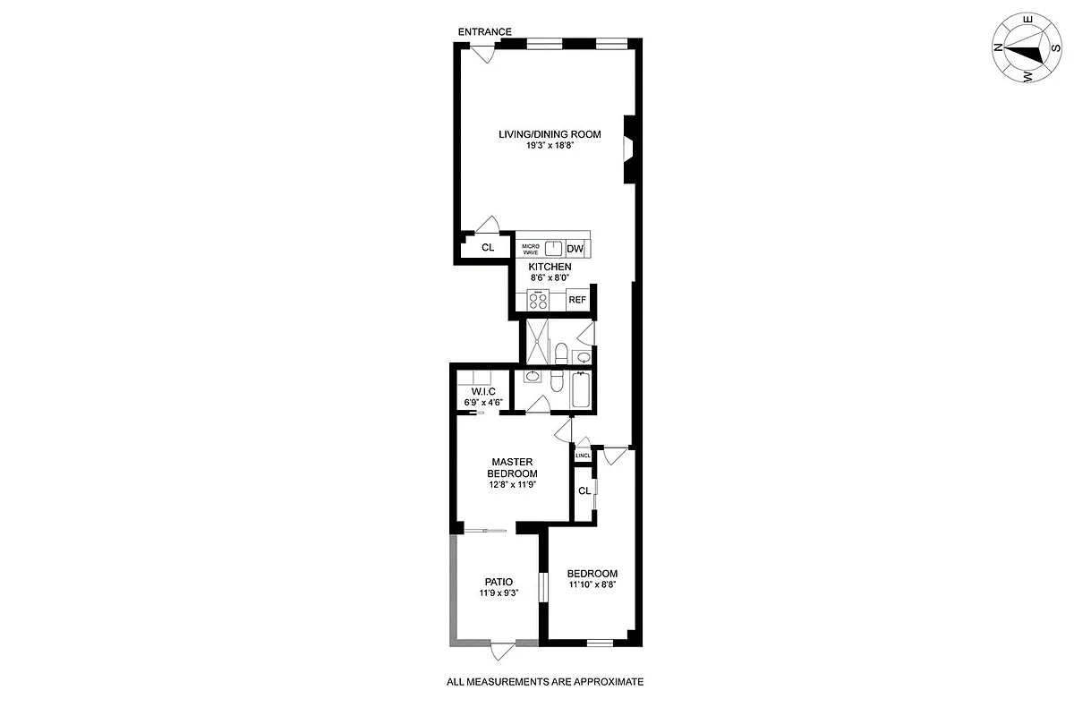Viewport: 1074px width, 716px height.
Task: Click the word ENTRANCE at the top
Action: click(486, 32)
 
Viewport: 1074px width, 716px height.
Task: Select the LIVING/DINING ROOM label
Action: click(550, 135)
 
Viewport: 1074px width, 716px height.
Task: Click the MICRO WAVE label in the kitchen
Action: click(531, 250)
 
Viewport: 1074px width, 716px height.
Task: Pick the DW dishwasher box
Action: click(575, 249)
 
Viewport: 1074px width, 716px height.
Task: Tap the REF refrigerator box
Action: click(577, 300)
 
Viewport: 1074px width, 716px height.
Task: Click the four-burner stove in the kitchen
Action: click(539, 300)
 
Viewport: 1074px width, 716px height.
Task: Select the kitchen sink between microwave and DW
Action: click(554, 248)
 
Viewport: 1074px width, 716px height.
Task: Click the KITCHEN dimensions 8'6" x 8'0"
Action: click(549, 278)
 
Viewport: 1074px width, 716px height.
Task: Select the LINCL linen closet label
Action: click(583, 456)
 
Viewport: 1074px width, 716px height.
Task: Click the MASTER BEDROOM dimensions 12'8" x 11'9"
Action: click(512, 485)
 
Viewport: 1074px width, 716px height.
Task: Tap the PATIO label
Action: click(499, 581)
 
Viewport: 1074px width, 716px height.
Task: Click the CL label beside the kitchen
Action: click(488, 248)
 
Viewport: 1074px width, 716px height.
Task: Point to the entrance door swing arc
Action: click(484, 54)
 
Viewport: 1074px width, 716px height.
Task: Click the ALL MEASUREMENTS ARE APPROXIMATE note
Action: click(545, 682)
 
